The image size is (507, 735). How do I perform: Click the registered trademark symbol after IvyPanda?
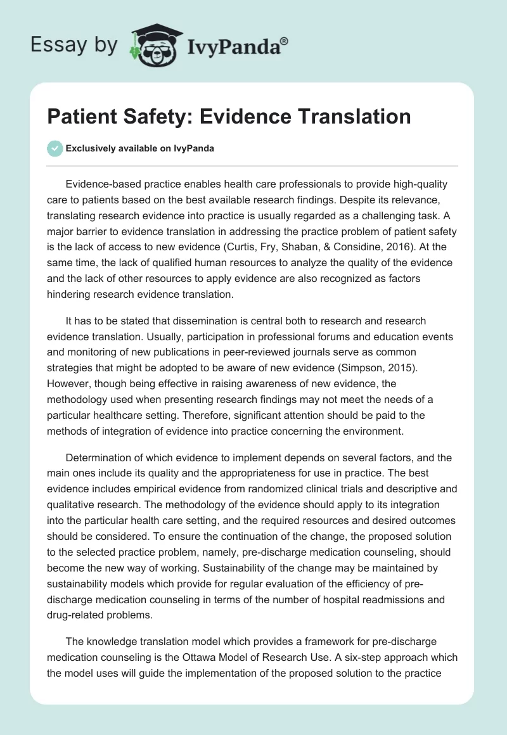pos(284,40)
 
